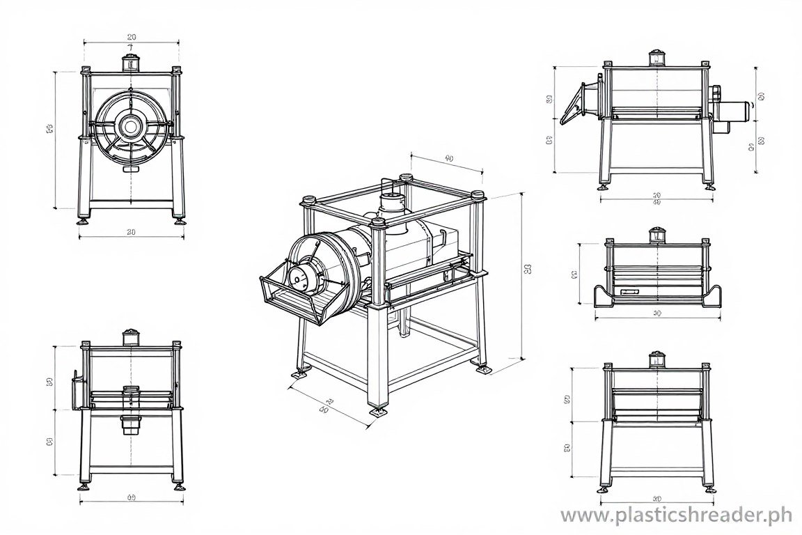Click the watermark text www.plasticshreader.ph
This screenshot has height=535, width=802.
676,515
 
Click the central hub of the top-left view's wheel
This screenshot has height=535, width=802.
130,126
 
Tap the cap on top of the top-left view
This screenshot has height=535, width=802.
130,63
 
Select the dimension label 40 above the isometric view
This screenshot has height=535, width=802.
448,159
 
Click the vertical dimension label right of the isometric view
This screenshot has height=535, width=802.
527,268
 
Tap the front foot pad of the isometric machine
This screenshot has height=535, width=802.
379,412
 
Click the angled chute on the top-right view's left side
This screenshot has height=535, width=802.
576,103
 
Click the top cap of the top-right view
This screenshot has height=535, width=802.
656,57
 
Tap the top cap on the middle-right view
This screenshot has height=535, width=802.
656,235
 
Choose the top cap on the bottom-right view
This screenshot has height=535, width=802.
656,359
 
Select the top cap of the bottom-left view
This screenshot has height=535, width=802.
130,337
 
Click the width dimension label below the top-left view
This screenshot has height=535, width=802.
131,232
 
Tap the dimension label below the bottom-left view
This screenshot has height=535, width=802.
131,497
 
